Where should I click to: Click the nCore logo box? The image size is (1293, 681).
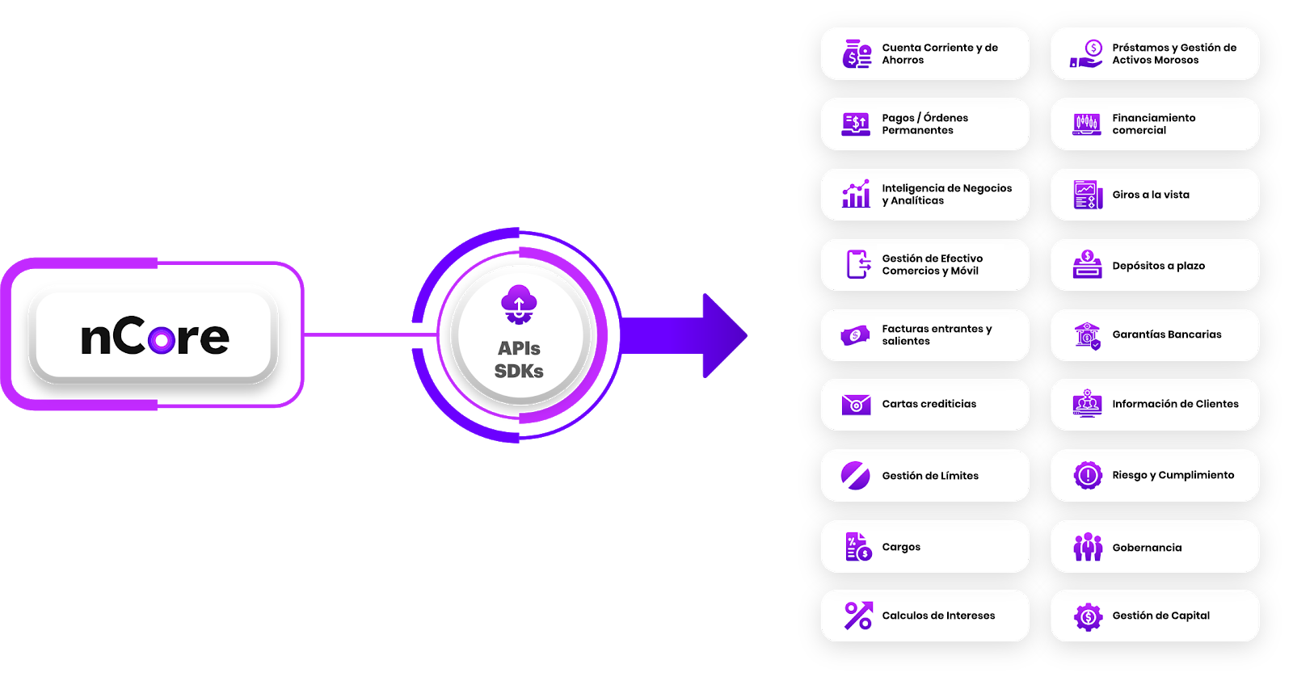point(154,334)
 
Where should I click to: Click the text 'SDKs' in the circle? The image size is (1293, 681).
point(519,372)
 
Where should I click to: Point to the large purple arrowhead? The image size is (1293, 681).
point(723,335)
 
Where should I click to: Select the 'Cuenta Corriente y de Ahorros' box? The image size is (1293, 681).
point(925,54)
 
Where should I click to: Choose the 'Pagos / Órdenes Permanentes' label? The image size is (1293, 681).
point(924,124)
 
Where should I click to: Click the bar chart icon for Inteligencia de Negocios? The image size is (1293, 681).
point(856,194)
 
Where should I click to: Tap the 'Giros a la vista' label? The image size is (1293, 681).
point(1151,195)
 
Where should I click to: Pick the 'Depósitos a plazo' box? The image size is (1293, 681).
point(1155,265)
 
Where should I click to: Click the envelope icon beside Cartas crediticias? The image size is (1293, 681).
point(856,404)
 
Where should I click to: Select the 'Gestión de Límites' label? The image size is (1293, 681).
point(930,476)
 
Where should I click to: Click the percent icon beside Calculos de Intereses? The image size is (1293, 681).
point(857,616)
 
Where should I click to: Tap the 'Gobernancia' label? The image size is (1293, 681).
point(1147,548)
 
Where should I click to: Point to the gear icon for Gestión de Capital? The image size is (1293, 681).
point(1088,616)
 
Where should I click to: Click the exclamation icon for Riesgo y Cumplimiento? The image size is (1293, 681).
point(1088,475)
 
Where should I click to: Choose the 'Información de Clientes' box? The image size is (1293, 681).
point(1155,404)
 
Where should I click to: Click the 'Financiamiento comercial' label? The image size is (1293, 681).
point(1153,124)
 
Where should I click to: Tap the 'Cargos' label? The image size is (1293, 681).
point(901,547)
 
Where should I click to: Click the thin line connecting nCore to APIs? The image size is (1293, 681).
point(368,334)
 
